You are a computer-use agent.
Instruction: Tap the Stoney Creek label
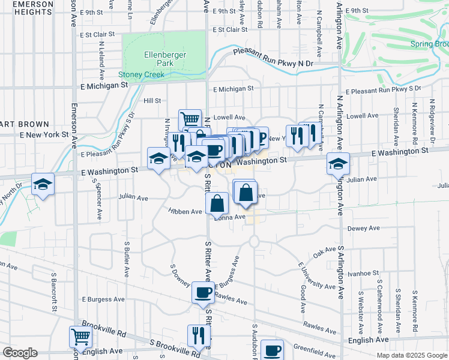[141, 75]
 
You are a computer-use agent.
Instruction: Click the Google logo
[19, 353]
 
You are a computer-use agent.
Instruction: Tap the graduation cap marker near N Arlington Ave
[338, 164]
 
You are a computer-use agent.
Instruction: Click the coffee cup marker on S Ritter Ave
[202, 293]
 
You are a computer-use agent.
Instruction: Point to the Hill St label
[152, 101]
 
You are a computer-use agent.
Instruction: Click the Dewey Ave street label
[364, 229]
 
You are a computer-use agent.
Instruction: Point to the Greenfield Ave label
[315, 349]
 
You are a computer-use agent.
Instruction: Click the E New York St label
[44, 134]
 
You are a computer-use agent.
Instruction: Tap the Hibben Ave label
[185, 212]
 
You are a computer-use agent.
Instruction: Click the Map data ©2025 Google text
[411, 355]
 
